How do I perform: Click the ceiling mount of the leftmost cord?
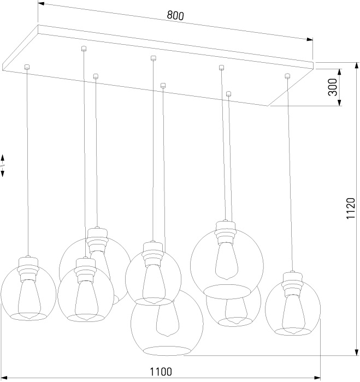(26, 67)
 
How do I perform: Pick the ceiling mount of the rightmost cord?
(287, 76)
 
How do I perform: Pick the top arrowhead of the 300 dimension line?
(340, 71)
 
